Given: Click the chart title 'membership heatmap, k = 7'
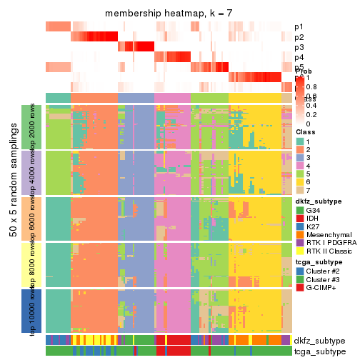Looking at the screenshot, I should tap(169, 14).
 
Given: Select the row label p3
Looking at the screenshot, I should tap(299, 47).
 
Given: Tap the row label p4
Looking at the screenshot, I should tap(299, 57).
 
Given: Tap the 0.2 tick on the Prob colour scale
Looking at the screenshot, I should tap(313, 114).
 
